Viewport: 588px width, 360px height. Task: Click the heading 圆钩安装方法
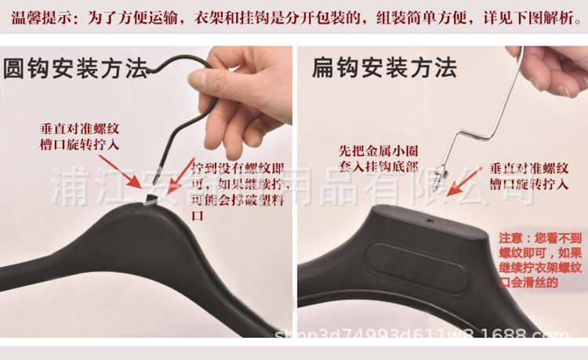click(x=76, y=70)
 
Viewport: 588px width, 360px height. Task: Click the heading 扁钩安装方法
click(x=384, y=68)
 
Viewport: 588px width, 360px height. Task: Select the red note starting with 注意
click(x=541, y=260)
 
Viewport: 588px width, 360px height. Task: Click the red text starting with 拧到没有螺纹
click(x=233, y=191)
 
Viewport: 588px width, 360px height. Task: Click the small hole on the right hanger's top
click(x=430, y=222)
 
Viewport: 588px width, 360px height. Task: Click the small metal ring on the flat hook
click(x=444, y=169)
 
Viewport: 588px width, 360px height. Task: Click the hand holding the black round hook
click(x=243, y=94)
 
